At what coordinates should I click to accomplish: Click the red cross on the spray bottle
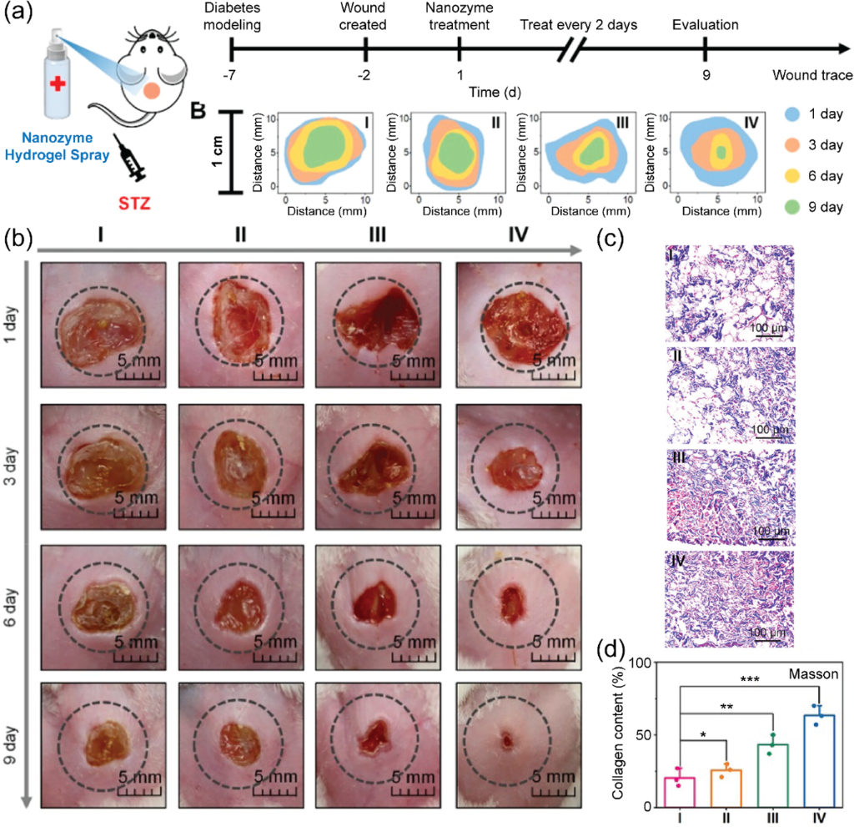click(x=57, y=85)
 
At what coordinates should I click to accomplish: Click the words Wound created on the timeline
click(x=365, y=16)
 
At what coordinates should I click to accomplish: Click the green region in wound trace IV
click(x=721, y=152)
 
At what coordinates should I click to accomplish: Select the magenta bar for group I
click(x=681, y=791)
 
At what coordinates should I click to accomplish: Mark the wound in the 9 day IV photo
click(x=506, y=739)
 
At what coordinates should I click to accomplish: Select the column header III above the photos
click(x=377, y=236)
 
